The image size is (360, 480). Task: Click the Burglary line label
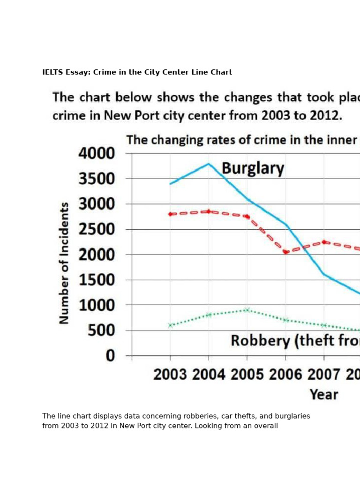pos(253,168)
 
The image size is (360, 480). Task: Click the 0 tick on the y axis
pos(110,356)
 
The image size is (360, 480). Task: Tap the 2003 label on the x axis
pos(170,375)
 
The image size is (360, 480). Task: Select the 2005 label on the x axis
pos(247,375)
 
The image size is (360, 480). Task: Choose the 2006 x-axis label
pos(285,375)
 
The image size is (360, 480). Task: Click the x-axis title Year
pos(324,394)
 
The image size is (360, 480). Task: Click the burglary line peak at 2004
pos(209,164)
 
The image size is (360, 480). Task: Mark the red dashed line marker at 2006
pos(285,252)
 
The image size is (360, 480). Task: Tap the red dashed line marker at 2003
pos(170,214)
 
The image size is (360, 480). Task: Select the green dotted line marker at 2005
pos(247,310)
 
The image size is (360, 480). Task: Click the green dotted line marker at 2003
pos(170,325)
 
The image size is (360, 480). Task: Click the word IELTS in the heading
pos(52,72)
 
